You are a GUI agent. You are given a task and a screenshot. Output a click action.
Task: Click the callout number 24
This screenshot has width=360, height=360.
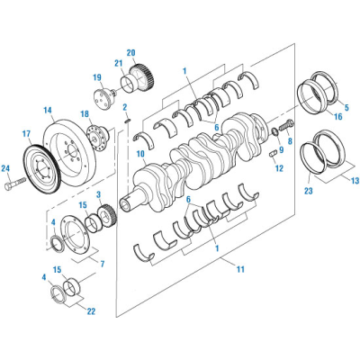click(x=5, y=168)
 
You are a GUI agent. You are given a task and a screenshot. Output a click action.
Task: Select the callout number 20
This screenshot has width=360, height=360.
click(x=130, y=52)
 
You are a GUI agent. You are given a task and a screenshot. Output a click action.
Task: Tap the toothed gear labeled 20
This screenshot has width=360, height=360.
click(x=138, y=75)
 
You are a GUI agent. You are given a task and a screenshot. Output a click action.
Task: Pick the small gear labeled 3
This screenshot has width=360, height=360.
click(x=102, y=216)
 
